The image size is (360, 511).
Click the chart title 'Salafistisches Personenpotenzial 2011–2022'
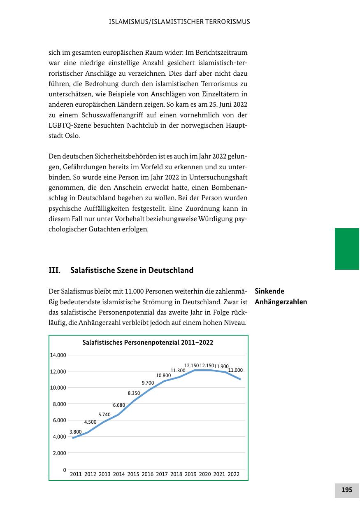pos(148,343)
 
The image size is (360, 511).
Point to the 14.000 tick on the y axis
pos(58,355)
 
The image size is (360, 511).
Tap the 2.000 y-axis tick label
pos(59,453)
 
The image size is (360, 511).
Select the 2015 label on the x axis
pos(133,474)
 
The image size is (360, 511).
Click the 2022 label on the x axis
pos(233,474)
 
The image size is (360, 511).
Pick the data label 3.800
pos(75,432)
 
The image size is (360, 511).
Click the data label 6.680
pos(119,405)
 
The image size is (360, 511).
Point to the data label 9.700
pos(148,383)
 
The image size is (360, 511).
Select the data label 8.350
pos(134,393)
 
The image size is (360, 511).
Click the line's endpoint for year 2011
pos(73,438)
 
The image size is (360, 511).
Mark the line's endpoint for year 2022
pos(240,379)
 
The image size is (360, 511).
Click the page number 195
pos(347,490)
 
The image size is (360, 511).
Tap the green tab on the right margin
pos(347,249)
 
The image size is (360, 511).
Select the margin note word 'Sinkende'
pos(269,291)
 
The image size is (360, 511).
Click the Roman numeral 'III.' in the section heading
pos(55,271)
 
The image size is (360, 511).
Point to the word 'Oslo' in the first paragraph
pos(72,135)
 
